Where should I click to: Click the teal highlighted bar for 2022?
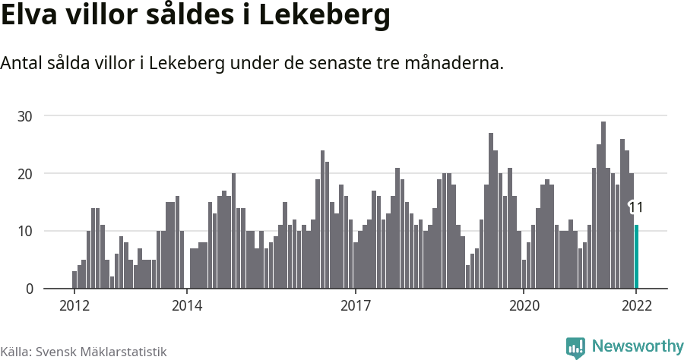click(637, 257)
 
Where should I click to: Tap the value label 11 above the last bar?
click(636, 207)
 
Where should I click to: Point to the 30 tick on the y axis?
click(27, 116)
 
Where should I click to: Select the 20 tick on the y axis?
click(27, 174)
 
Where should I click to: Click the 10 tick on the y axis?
click(27, 232)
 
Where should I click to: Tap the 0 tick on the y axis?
click(30, 289)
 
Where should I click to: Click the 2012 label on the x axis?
click(74, 306)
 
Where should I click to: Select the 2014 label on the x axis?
click(187, 306)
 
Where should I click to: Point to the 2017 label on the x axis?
click(355, 306)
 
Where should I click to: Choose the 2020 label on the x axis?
click(524, 306)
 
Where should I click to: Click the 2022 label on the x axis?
click(636, 306)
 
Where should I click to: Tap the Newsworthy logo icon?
click(575, 347)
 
